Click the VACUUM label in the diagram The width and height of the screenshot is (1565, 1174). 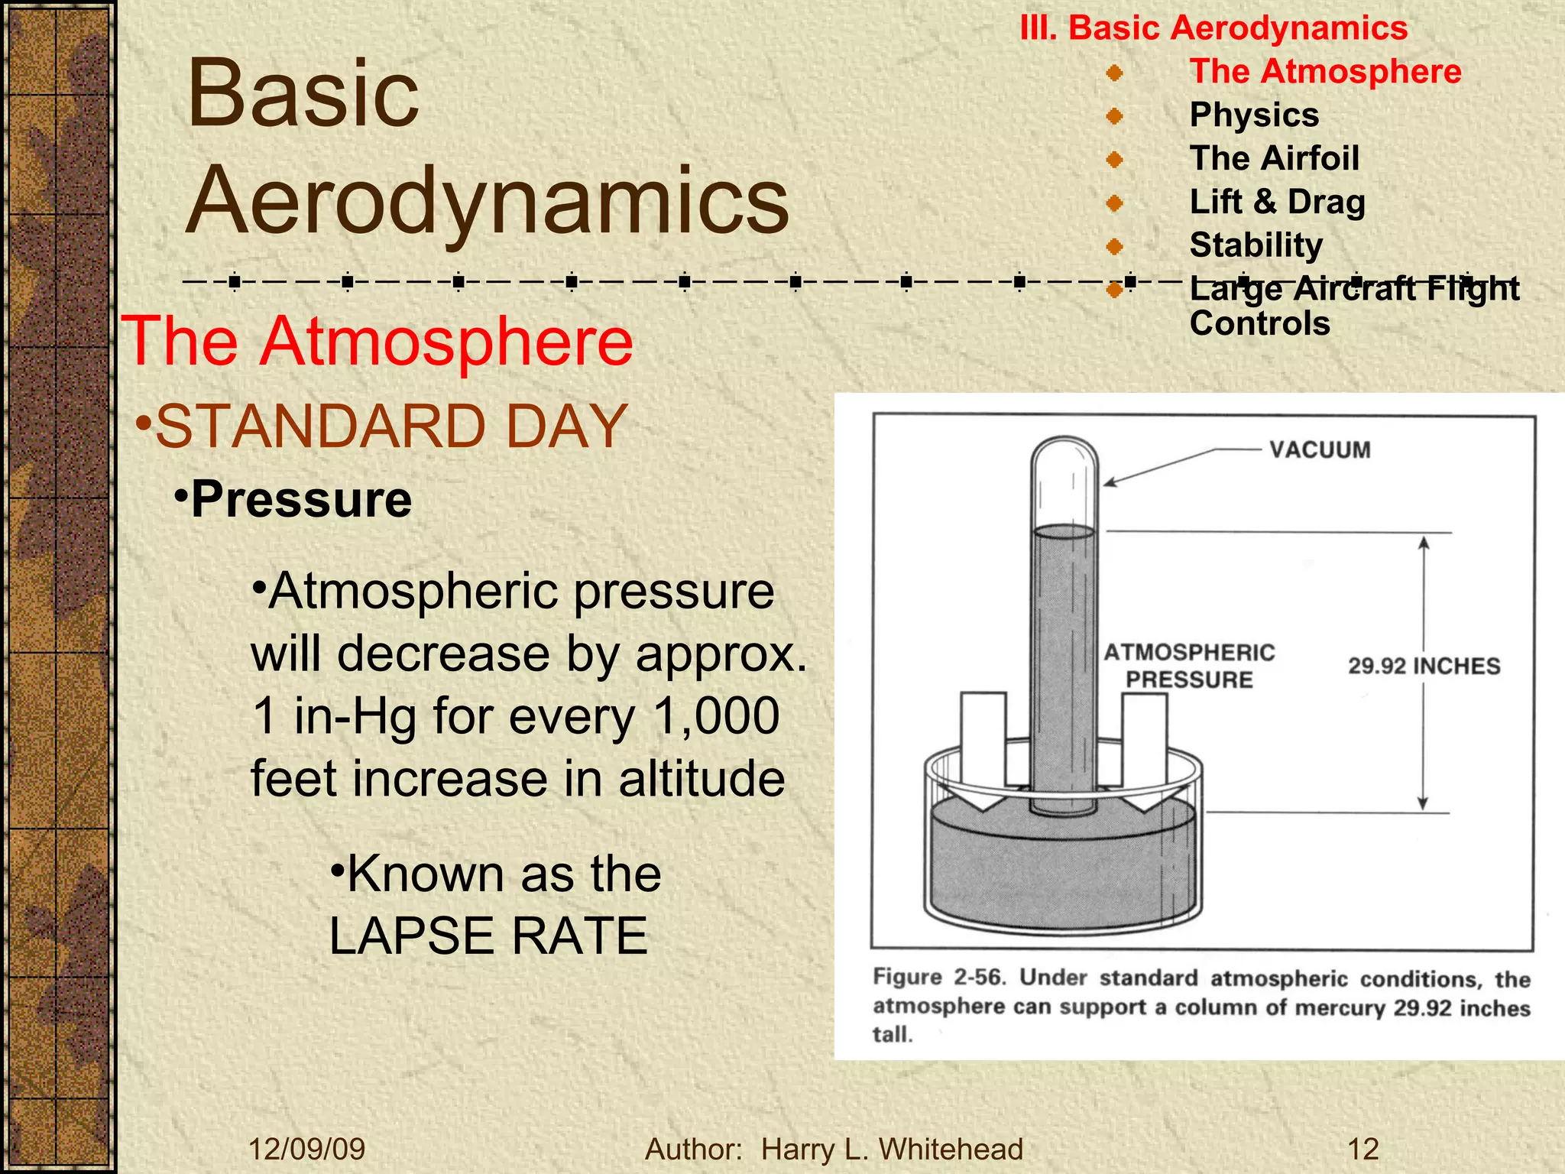pos(1320,449)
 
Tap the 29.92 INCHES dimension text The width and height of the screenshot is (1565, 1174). pos(1424,666)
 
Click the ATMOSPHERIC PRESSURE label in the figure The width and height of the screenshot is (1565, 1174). pos(1189,666)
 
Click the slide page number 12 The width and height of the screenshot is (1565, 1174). pos(1362,1149)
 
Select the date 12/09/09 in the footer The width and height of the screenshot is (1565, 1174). pos(307,1149)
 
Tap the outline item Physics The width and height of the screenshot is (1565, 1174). pos(1254,115)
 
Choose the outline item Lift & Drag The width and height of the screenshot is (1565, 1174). pos(1277,202)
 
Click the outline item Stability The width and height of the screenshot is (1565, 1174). pos(1256,245)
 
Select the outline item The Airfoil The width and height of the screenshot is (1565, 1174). pos(1274,158)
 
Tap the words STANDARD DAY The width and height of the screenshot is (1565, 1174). pos(391,426)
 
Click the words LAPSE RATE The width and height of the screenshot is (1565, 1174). pos(488,936)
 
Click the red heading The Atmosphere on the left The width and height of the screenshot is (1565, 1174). pos(377,341)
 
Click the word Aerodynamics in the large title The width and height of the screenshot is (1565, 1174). pos(488,200)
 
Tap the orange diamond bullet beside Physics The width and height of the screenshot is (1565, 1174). pos(1115,116)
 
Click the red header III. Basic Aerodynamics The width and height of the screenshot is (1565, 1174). pos(1213,28)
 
